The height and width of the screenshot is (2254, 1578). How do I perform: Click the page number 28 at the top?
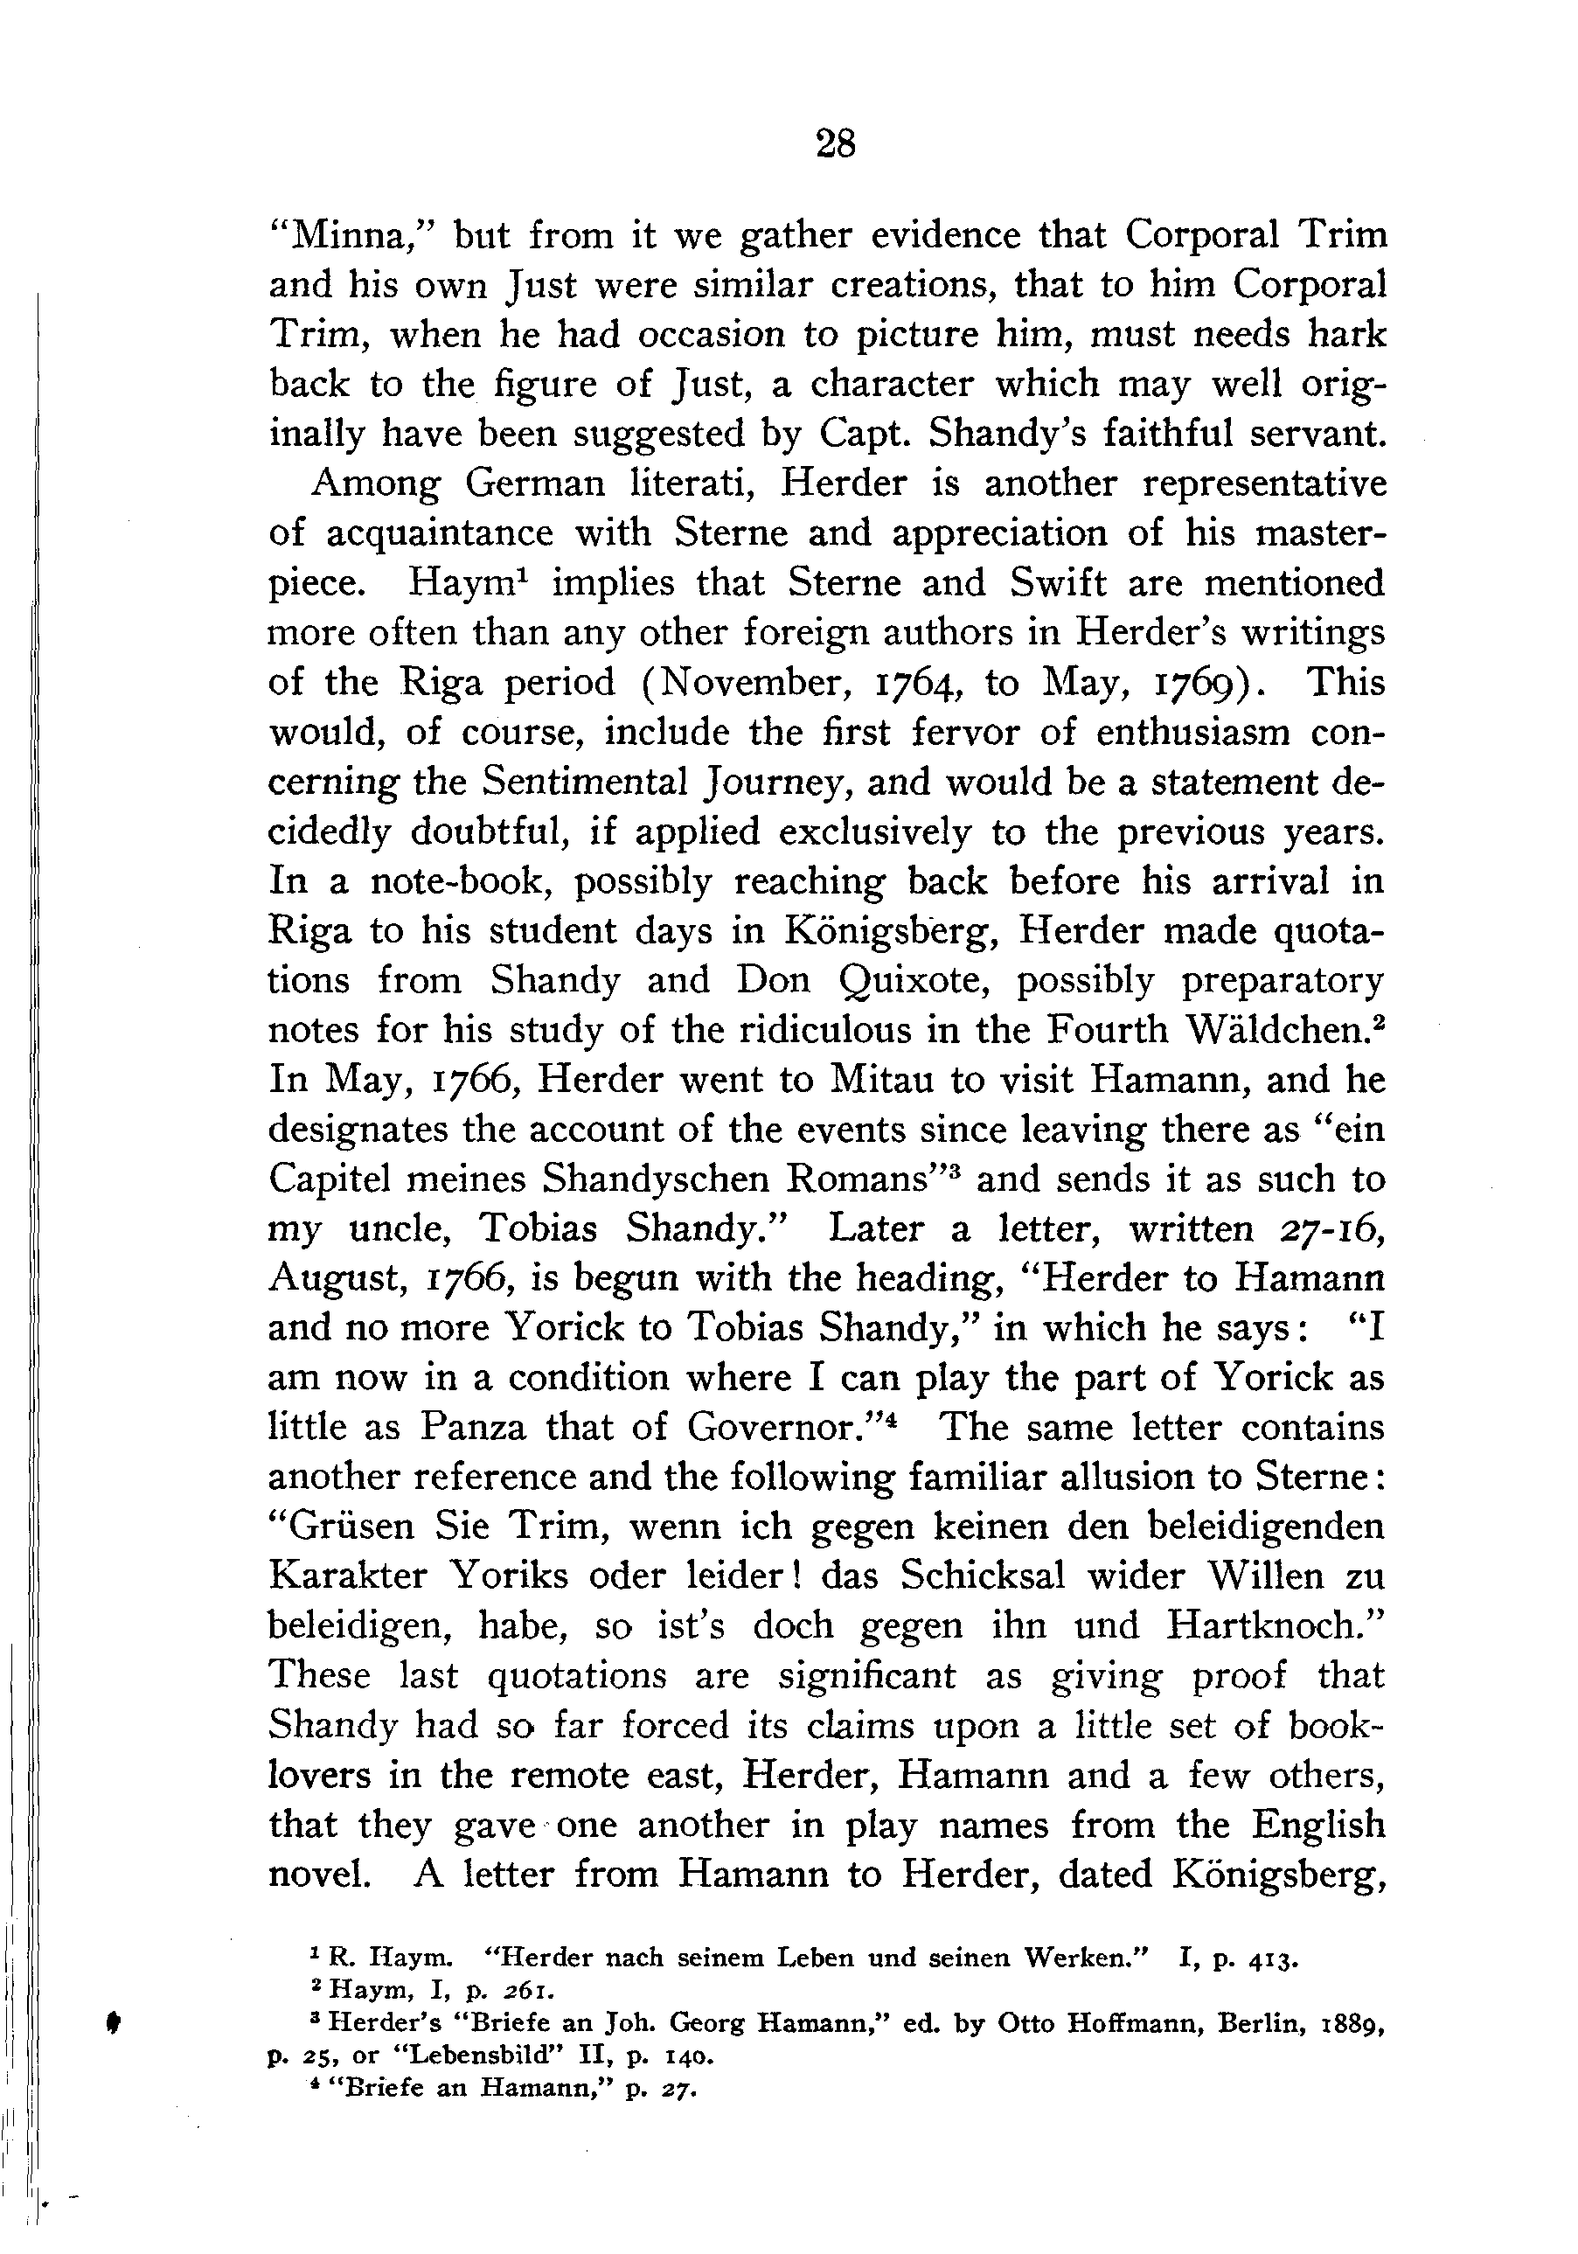[x=835, y=145]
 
